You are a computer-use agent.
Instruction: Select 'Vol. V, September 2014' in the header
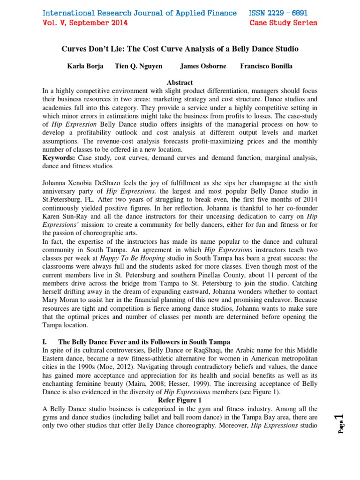coord(85,22)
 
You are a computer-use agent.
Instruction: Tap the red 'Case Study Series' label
coord(283,22)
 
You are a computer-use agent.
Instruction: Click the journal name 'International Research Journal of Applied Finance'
coord(140,13)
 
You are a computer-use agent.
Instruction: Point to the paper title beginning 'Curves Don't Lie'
coord(180,49)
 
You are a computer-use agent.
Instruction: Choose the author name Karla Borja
coord(86,66)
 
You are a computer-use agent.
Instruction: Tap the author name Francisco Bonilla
coord(266,66)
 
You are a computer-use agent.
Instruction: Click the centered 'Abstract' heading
coord(180,82)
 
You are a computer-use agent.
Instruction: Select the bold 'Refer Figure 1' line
coord(180,401)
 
